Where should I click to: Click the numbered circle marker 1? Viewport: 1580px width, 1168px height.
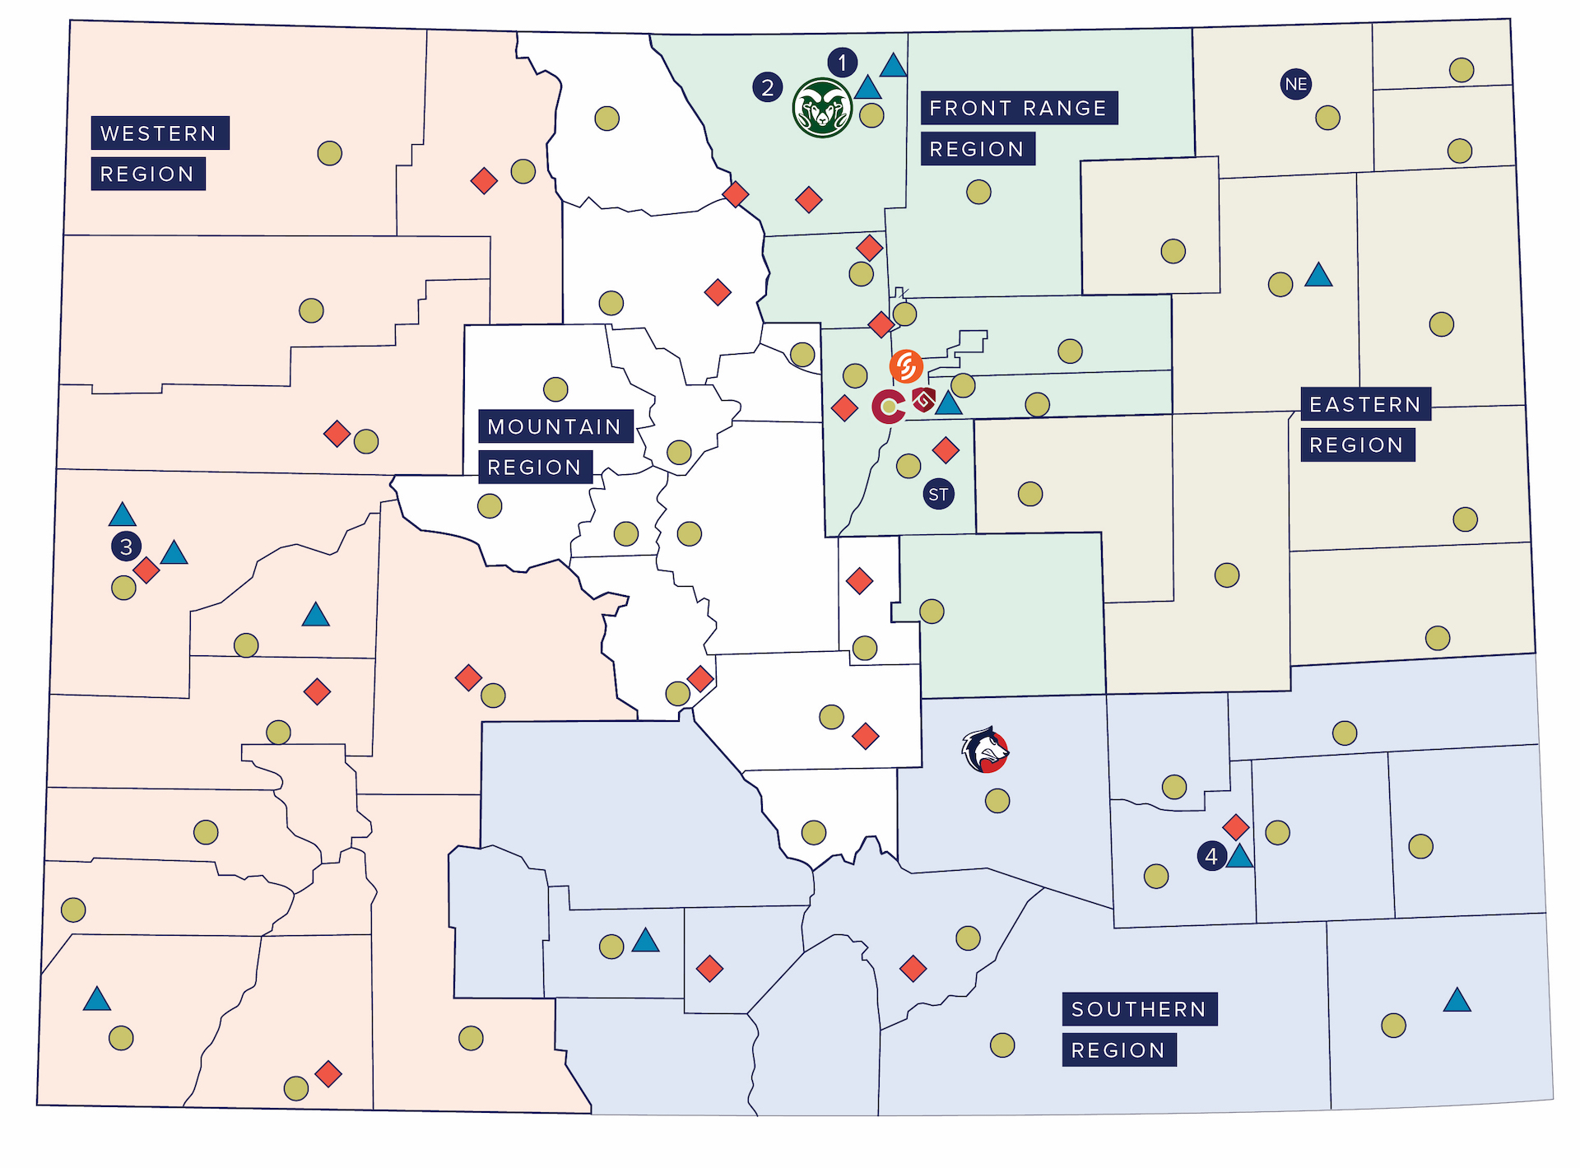(842, 63)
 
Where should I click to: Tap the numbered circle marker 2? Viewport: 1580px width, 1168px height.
(767, 86)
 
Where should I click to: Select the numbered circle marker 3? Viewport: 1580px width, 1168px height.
(126, 546)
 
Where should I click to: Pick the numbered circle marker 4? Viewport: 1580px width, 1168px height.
(1211, 856)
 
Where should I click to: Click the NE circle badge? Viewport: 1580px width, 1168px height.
(1295, 84)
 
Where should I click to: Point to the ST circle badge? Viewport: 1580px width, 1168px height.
(938, 494)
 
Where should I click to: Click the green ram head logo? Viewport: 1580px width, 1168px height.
(821, 108)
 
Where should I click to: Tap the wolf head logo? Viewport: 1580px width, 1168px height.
(984, 750)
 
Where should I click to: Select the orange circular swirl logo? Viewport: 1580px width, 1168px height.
(906, 366)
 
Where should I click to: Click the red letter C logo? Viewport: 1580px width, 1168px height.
(888, 406)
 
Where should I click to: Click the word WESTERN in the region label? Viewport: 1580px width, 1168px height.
(159, 133)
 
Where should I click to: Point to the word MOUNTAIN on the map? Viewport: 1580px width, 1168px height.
(555, 426)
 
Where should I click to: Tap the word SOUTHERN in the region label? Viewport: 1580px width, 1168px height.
(1139, 1009)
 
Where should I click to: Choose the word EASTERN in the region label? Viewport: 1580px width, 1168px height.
(1365, 404)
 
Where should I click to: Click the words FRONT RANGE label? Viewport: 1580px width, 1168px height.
(1018, 108)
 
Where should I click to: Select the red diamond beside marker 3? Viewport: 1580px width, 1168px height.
(146, 570)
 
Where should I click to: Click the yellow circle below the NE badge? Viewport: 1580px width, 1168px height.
(1327, 118)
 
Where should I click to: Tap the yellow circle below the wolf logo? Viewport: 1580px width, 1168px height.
(997, 800)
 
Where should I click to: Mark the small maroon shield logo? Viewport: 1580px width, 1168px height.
(924, 399)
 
